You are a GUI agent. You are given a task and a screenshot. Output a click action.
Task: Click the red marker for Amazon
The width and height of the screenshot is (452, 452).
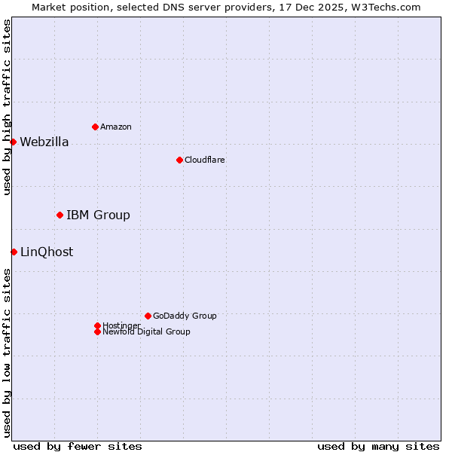pyautogui.click(x=95, y=127)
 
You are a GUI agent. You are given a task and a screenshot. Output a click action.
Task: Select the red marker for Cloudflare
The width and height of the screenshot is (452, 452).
pyautogui.click(x=179, y=160)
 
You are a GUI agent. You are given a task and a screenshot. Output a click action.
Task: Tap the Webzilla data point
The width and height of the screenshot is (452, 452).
pyautogui.click(x=13, y=142)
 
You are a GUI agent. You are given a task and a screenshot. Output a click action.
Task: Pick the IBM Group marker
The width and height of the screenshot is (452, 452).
pyautogui.click(x=60, y=215)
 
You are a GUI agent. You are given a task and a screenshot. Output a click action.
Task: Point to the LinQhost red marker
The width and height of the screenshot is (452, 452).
pyautogui.click(x=14, y=252)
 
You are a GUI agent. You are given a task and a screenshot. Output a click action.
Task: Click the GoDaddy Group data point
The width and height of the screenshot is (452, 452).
pyautogui.click(x=148, y=316)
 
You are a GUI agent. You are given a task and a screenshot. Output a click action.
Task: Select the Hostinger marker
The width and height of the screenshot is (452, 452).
pyautogui.click(x=97, y=325)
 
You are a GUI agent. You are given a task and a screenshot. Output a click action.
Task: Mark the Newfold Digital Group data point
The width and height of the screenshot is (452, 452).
pyautogui.click(x=97, y=331)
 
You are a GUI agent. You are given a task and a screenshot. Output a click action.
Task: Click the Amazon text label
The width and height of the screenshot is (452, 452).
pyautogui.click(x=116, y=127)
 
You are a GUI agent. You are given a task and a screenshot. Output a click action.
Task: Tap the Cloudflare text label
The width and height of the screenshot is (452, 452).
pyautogui.click(x=205, y=160)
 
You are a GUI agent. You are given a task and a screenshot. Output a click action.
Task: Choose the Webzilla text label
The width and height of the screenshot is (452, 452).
pyautogui.click(x=44, y=142)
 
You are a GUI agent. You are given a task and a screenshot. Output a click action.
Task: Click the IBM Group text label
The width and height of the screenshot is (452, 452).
pyautogui.click(x=98, y=215)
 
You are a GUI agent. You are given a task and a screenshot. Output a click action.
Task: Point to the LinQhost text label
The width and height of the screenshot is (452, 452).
pyautogui.click(x=47, y=252)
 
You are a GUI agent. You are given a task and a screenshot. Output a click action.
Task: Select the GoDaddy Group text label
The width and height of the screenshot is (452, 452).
pyautogui.click(x=185, y=316)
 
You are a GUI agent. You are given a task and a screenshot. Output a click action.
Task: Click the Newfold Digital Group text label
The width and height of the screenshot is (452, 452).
pyautogui.click(x=146, y=331)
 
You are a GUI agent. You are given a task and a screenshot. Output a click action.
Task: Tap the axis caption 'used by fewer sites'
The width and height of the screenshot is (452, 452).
pyautogui.click(x=78, y=446)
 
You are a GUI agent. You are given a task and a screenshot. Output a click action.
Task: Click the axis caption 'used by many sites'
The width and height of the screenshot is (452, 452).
pyautogui.click(x=378, y=446)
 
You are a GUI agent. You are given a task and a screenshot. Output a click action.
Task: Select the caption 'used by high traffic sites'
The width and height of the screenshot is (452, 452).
pyautogui.click(x=7, y=107)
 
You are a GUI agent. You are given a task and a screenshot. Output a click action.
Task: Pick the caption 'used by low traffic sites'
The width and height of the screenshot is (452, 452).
pyautogui.click(x=7, y=352)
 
